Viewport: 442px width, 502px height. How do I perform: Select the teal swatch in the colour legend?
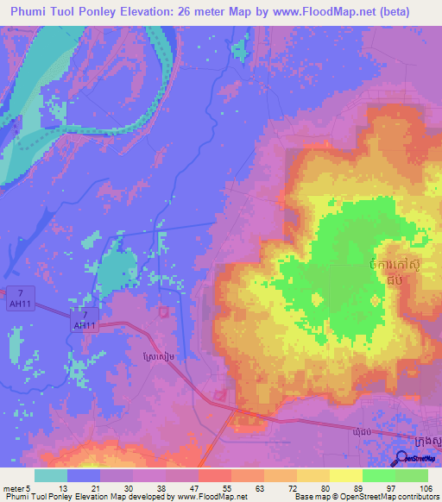[51, 475]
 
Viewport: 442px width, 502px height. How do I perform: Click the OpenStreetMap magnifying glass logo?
[401, 459]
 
